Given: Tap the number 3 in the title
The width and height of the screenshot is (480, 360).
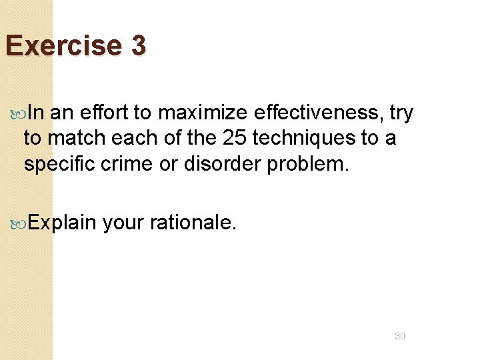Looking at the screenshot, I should coord(138,46).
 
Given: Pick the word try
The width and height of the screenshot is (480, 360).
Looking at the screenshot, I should coord(401,114).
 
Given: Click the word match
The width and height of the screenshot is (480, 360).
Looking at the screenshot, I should coord(77,139).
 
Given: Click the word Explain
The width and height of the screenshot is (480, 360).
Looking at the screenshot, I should coord(63,223).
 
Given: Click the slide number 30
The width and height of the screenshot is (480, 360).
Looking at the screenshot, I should coord(399,336).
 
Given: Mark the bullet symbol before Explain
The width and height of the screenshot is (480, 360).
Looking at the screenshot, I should coord(21,223).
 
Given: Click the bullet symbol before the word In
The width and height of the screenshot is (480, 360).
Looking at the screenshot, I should coord(21,114).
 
